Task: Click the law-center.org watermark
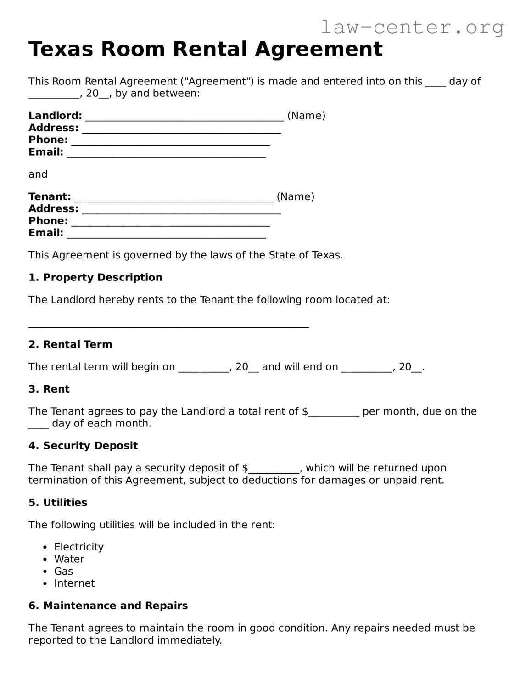(x=412, y=28)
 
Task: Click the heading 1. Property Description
(x=95, y=277)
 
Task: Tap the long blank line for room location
(x=168, y=325)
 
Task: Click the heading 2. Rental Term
(x=70, y=344)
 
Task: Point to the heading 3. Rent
(x=49, y=389)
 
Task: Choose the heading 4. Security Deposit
(x=83, y=445)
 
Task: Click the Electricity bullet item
(x=78, y=547)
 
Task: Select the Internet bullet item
(x=74, y=583)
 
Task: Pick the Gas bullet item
(x=63, y=571)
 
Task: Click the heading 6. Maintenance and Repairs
(x=108, y=606)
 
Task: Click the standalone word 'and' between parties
(x=38, y=174)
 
